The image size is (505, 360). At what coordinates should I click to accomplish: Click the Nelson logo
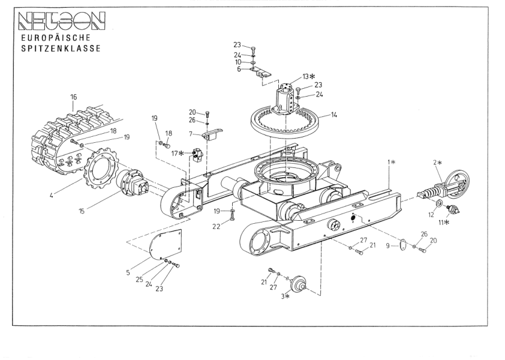[x=58, y=21]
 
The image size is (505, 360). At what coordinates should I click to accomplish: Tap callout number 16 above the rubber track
[x=73, y=97]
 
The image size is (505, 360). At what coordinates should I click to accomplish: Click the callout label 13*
[x=308, y=76]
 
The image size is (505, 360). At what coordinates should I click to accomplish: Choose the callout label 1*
[x=390, y=162]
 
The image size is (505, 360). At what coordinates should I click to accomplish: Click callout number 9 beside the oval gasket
[x=388, y=245]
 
